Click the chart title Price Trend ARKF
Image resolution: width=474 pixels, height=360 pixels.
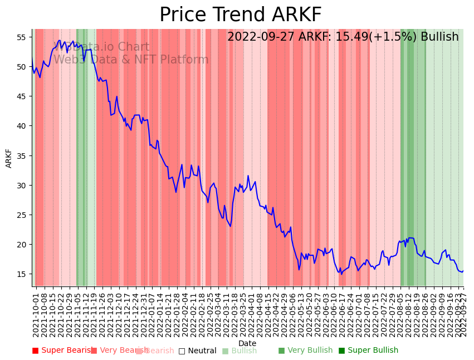(x=240, y=15)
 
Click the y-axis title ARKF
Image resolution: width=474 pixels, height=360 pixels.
(x=9, y=158)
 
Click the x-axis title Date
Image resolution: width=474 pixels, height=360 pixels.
(x=247, y=343)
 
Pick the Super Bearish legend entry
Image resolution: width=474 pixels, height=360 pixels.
(x=63, y=351)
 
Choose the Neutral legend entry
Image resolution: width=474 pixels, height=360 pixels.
(x=197, y=351)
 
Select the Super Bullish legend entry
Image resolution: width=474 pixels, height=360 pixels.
(x=368, y=351)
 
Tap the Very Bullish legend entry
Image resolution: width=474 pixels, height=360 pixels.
(x=305, y=351)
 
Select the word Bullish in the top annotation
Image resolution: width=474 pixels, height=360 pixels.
(x=439, y=37)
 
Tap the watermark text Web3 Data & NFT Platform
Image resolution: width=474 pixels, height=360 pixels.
(x=131, y=60)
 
